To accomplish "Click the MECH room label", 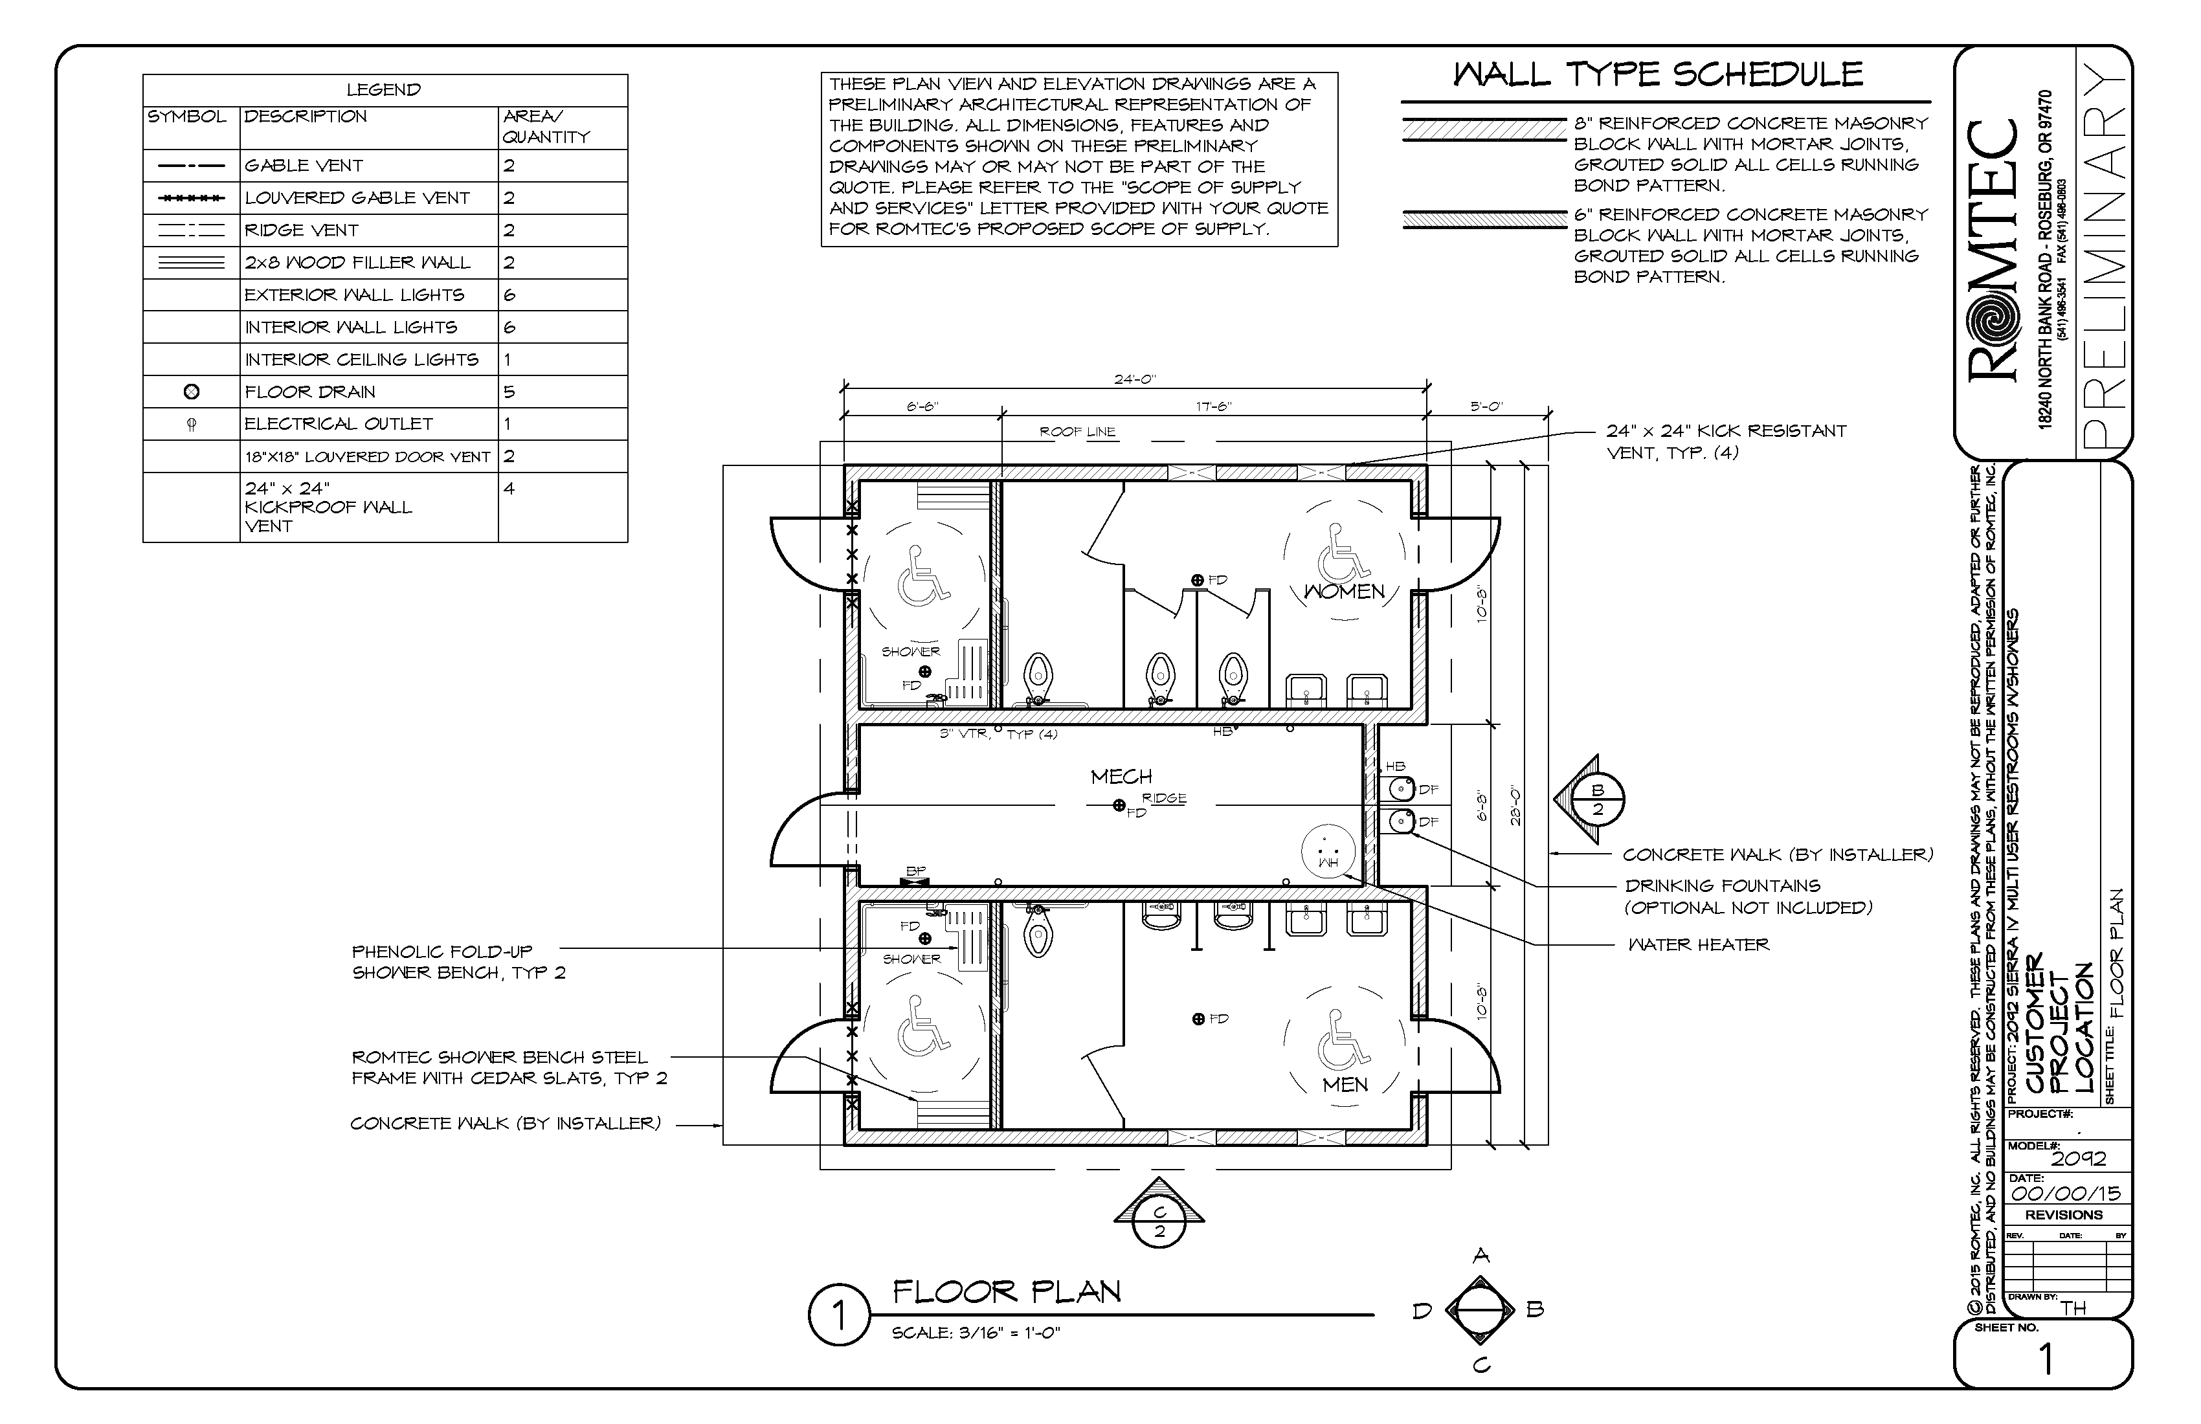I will tap(1121, 777).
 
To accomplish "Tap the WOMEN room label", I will tap(1344, 592).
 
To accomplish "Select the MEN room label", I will tap(1345, 1085).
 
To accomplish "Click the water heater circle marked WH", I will tap(1328, 852).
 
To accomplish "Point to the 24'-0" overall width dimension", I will tap(1135, 379).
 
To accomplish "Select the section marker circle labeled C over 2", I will tap(1159, 1221).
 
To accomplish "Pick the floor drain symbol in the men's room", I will tap(1198, 1019).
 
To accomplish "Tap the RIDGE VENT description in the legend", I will tap(302, 230).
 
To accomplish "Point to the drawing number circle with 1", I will tap(839, 1315).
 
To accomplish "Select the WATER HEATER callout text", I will tap(1699, 945).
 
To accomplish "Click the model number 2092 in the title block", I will tap(2078, 1159).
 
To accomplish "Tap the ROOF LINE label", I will tap(1077, 432).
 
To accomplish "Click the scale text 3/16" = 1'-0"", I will tap(976, 1333).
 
